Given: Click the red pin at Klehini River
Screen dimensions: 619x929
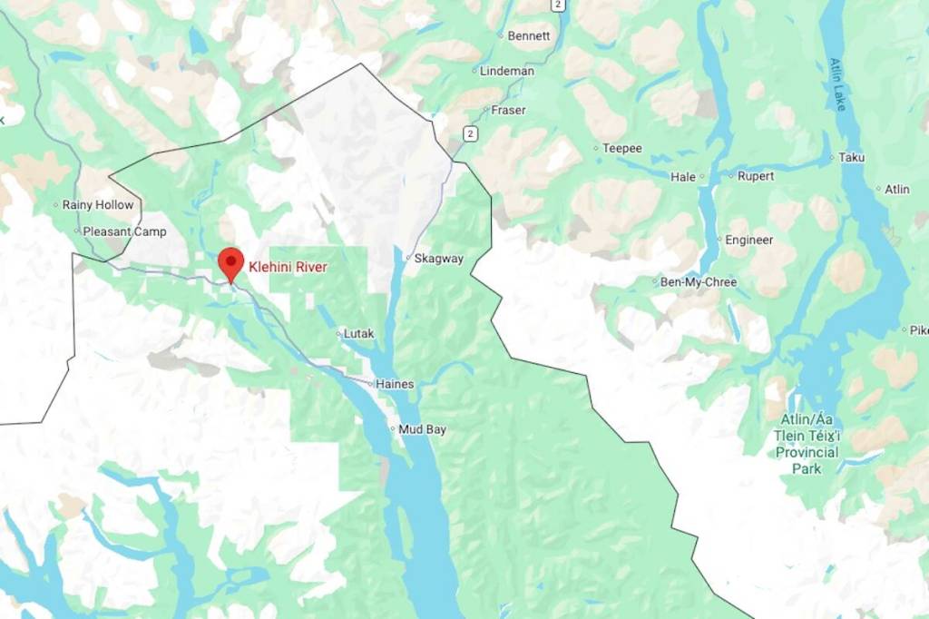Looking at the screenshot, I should tap(231, 263).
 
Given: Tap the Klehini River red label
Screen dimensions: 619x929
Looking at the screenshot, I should tap(288, 268).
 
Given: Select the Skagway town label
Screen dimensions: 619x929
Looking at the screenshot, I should tap(438, 259).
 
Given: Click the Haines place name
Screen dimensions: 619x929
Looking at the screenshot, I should tap(395, 384).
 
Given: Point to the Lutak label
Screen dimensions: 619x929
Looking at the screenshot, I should tap(358, 334).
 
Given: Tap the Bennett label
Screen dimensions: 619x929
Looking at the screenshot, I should tap(529, 36).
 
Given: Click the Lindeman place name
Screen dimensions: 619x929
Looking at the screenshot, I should tap(506, 71).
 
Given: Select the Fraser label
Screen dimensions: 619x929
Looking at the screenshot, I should tap(508, 111).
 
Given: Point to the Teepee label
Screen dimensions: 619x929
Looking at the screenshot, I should tap(622, 148).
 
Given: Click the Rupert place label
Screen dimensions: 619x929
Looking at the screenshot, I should tap(756, 176).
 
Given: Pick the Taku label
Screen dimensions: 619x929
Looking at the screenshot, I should tap(852, 157).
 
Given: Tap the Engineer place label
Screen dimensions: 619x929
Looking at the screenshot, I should tap(748, 241).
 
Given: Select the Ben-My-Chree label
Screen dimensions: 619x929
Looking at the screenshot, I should tap(698, 282).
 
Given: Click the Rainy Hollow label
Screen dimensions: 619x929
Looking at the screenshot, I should tap(97, 205).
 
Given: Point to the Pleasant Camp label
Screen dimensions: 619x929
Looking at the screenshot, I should tap(124, 231).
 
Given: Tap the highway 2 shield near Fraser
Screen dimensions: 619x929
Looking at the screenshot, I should tap(469, 133).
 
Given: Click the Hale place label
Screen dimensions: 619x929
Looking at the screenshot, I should tap(683, 177).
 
